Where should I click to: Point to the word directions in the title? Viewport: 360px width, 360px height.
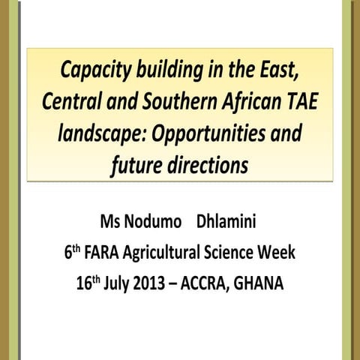211,166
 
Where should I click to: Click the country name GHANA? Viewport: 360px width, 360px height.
266,284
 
